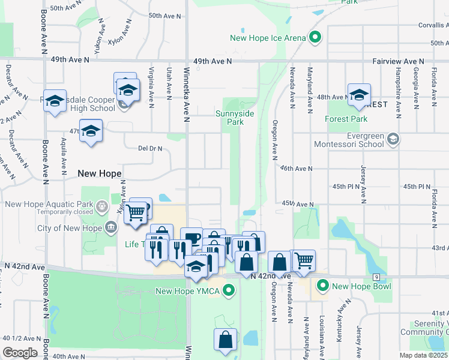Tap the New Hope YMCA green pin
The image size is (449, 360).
228,292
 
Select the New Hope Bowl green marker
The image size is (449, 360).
323,286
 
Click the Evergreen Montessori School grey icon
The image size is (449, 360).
393,139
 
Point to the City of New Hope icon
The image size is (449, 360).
111,227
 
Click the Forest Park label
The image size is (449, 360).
345,119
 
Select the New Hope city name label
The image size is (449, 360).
100,173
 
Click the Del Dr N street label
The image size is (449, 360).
150,148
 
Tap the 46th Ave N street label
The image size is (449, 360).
297,169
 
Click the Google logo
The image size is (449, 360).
20,353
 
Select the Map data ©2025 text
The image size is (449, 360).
423,355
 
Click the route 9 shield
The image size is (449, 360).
376,277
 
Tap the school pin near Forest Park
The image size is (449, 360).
359,95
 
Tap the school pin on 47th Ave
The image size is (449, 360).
91,131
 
